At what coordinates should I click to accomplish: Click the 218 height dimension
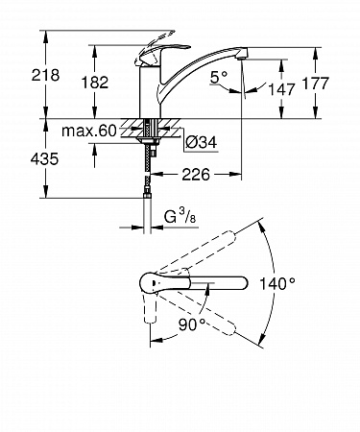(45, 75)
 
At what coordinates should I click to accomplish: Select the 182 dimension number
(95, 83)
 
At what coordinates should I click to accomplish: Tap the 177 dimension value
(316, 84)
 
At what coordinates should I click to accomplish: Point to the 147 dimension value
(281, 89)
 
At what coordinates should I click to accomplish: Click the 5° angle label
(219, 78)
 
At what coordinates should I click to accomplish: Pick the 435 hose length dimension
(44, 158)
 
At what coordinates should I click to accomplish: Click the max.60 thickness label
(89, 131)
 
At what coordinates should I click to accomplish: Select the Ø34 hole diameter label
(202, 142)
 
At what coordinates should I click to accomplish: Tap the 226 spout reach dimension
(196, 175)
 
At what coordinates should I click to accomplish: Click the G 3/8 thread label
(180, 217)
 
